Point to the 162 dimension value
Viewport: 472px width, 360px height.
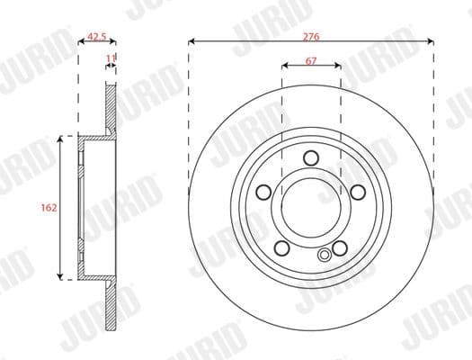pos(49,207)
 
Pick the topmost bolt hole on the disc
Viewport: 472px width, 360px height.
pos(311,158)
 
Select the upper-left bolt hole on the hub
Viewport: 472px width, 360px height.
pos(264,191)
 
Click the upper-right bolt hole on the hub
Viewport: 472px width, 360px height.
pos(357,191)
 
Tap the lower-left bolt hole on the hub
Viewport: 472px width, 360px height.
pos(281,247)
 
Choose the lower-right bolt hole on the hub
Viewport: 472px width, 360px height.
pos(340,247)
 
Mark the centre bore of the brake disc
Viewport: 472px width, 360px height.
pos(311,207)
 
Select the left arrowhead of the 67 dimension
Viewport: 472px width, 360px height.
pos(285,66)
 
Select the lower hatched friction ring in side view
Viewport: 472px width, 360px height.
pos(111,301)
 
